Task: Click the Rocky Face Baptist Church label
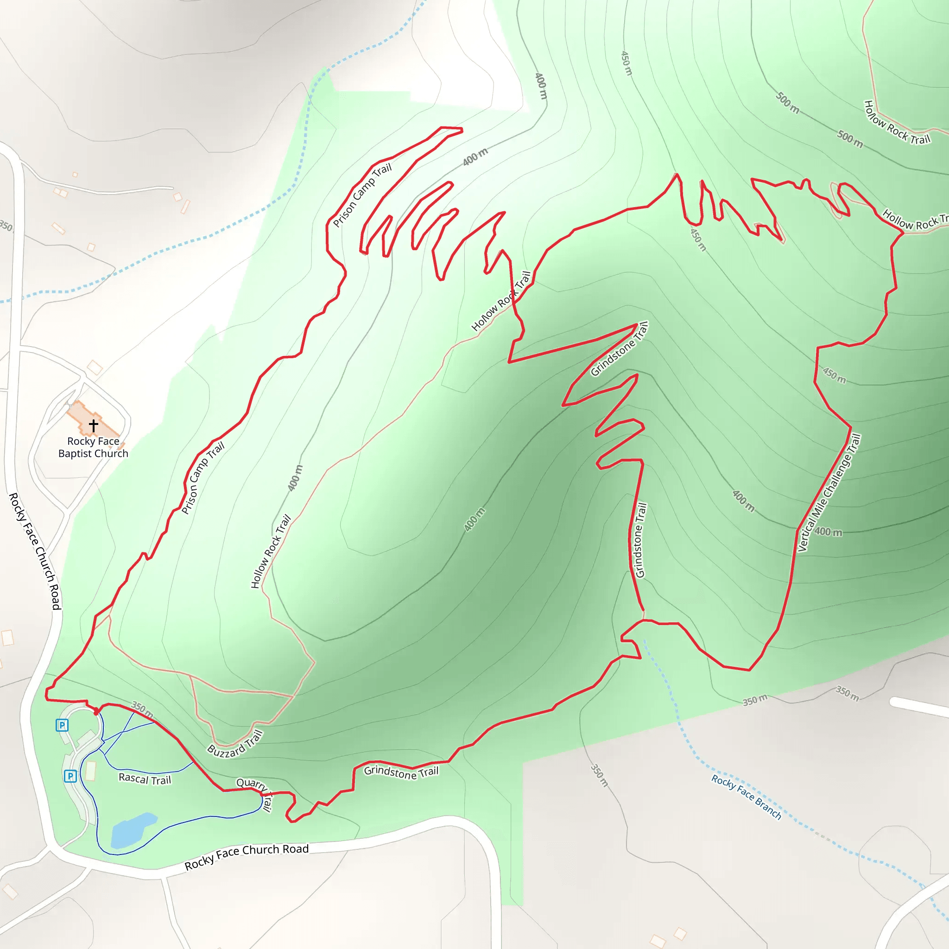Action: pos(93,448)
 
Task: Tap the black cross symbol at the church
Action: pos(93,425)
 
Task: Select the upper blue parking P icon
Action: pos(62,725)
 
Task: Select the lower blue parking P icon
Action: pos(70,776)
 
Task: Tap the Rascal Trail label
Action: pos(145,779)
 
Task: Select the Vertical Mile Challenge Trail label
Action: pos(829,492)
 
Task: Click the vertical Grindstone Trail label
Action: pos(639,540)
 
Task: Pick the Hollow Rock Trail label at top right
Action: pos(897,123)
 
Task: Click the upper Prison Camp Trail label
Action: pos(362,195)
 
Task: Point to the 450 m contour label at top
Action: pos(626,63)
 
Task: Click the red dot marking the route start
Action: pos(96,712)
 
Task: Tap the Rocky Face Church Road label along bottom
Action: pos(247,856)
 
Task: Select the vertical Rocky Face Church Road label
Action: pos(35,551)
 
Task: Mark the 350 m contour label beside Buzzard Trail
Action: pos(142,710)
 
